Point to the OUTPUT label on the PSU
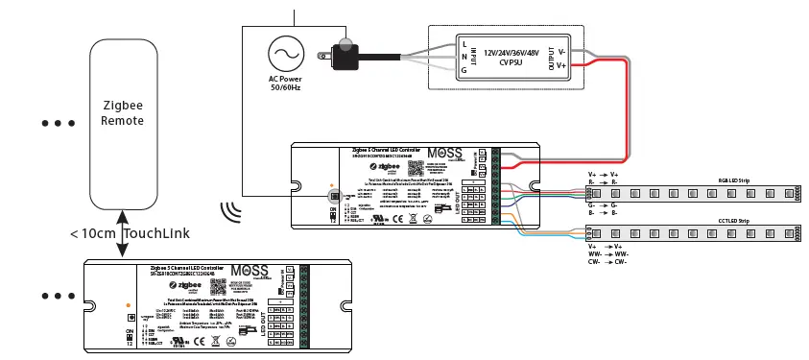pyautogui.click(x=551, y=56)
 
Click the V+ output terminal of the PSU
pyautogui.click(x=562, y=64)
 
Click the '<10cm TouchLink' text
pyautogui.click(x=129, y=233)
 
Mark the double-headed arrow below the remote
pyautogui.click(x=122, y=233)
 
